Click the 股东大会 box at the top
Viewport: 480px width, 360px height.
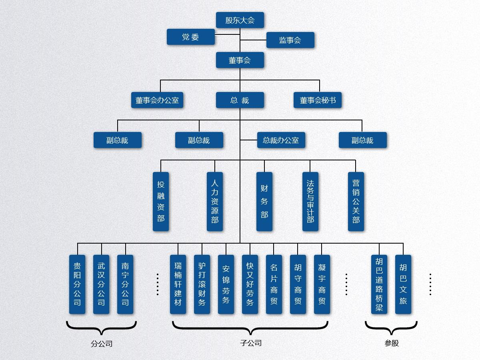pyautogui.click(x=240, y=20)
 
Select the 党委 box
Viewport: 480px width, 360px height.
pyautogui.click(x=191, y=37)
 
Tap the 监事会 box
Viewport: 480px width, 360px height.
pyautogui.click(x=290, y=40)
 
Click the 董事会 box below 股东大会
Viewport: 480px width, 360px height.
pyautogui.click(x=240, y=60)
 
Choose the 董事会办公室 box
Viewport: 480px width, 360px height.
pyautogui.click(x=157, y=100)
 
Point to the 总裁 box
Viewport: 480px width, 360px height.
pyautogui.click(x=240, y=100)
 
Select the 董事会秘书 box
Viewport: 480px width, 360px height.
pyautogui.click(x=318, y=100)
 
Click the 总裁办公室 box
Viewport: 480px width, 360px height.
pyautogui.click(x=281, y=140)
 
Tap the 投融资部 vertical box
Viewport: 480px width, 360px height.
pyautogui.click(x=161, y=202)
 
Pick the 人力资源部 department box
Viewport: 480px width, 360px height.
pyautogui.click(x=215, y=202)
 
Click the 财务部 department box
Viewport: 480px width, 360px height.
pyautogui.click(x=264, y=202)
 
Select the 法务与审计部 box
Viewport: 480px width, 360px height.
pyautogui.click(x=310, y=202)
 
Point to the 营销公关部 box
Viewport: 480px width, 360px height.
pyautogui.click(x=356, y=202)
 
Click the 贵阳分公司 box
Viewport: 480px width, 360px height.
pyautogui.click(x=77, y=284)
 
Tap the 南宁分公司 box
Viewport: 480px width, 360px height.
pyautogui.click(x=125, y=284)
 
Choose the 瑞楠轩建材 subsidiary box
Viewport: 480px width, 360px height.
pyautogui.click(x=178, y=284)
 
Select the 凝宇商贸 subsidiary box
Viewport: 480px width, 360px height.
pyautogui.click(x=322, y=284)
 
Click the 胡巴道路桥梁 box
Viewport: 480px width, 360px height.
pyautogui.click(x=379, y=284)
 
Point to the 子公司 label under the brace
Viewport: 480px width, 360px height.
pyautogui.click(x=251, y=343)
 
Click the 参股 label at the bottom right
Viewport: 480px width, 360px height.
pyautogui.click(x=392, y=343)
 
